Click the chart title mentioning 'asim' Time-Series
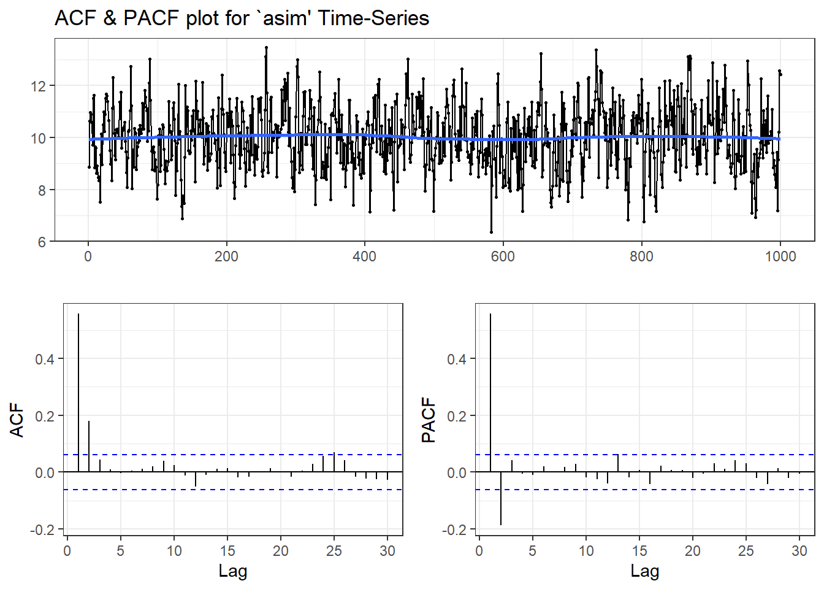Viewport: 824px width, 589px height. coord(242,18)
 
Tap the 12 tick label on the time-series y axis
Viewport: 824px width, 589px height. coord(39,86)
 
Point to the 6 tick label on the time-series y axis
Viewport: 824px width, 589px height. coord(42,242)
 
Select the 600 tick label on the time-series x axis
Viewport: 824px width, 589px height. coord(503,256)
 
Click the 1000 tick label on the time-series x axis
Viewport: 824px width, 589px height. coord(780,256)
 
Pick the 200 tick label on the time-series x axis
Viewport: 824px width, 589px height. coord(226,256)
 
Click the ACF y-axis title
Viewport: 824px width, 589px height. coord(17,420)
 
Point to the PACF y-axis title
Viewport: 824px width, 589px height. coord(429,420)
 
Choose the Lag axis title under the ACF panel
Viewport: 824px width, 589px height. coord(233,571)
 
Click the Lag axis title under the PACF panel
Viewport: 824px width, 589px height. coord(645,571)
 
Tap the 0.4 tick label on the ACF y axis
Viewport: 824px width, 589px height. coord(45,359)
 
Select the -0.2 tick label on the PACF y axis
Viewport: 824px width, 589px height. coord(454,529)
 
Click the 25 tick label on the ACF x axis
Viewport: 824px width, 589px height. coord(334,551)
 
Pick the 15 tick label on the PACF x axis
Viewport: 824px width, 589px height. coord(639,551)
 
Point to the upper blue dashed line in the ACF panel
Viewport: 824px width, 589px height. coord(245,455)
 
